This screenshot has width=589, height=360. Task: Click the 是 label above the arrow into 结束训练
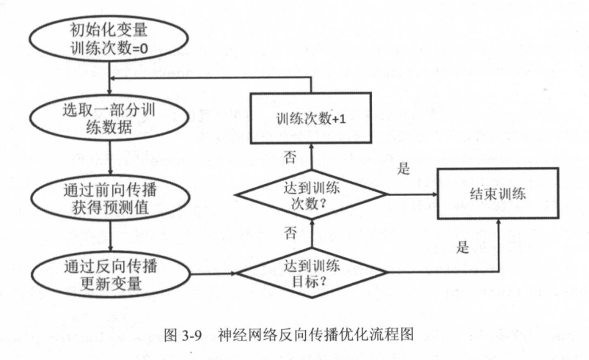pyautogui.click(x=403, y=169)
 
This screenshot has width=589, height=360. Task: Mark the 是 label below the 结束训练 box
pyautogui.click(x=463, y=246)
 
